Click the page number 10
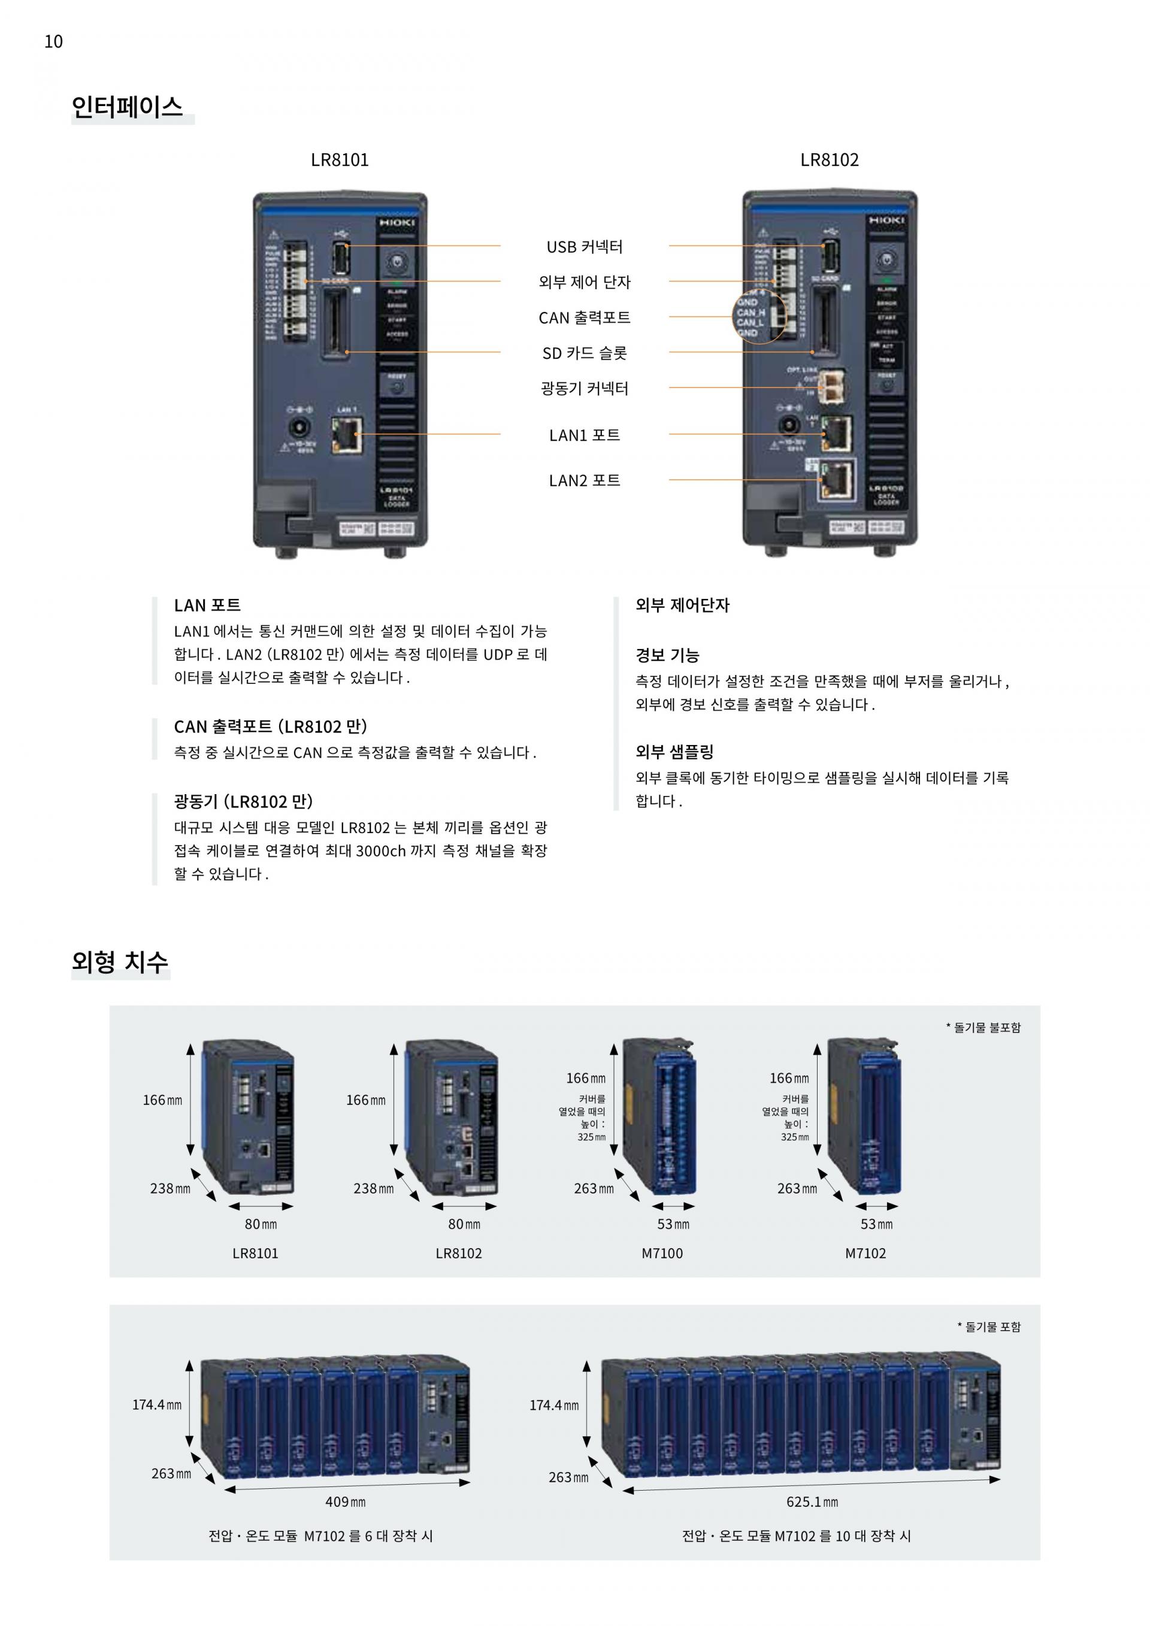[53, 42]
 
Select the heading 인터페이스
[128, 107]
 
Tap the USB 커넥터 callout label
[584, 247]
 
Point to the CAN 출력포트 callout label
[584, 318]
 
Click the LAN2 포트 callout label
[584, 481]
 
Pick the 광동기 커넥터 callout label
[584, 389]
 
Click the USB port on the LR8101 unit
[341, 259]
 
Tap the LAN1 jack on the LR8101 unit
[347, 434]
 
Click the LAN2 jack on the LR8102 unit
[836, 480]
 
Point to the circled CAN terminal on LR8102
[758, 317]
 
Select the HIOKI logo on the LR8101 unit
[397, 223]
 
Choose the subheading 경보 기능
[667, 655]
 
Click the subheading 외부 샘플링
[674, 752]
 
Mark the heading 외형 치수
[120, 962]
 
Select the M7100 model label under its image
[662, 1253]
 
